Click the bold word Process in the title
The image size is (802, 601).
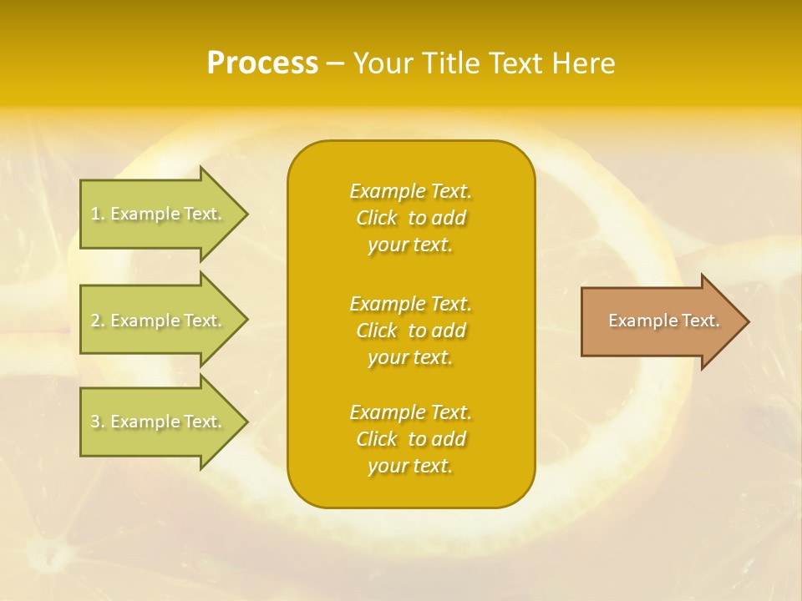(262, 63)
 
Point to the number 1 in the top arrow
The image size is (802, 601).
(96, 214)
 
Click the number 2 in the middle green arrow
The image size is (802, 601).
(96, 321)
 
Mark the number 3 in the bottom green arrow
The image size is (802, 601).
(96, 422)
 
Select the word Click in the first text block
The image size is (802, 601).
(377, 218)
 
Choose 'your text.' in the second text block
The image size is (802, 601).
(410, 357)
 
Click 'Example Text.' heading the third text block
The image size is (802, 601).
(410, 412)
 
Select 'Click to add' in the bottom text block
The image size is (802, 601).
(410, 439)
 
